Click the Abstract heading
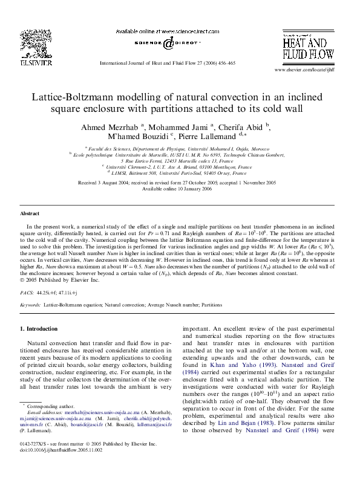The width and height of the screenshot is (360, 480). (x=30, y=214)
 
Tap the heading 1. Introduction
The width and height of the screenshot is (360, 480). (x=39, y=329)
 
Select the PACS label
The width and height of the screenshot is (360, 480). (x=27, y=291)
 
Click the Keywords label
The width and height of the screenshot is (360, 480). (x=30, y=305)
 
